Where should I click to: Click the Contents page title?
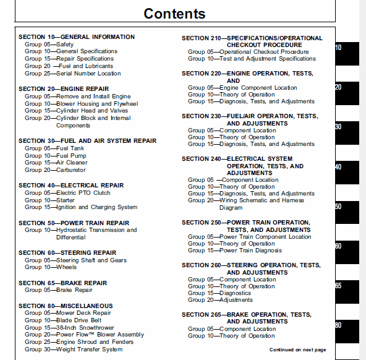pos(174,14)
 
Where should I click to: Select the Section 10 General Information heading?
pos(76,37)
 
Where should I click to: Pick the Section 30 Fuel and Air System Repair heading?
pos(87,141)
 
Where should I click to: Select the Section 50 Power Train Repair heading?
pos(74,223)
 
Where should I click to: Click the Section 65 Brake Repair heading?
pos(62,283)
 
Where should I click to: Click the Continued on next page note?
pos(297,350)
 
